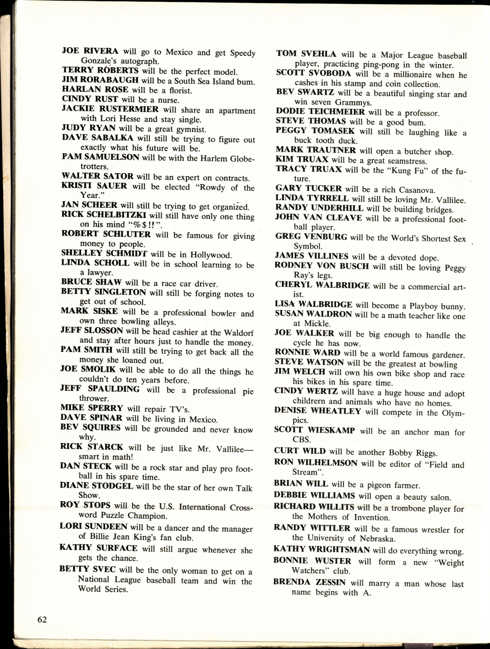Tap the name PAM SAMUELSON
click(100, 157)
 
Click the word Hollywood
click(211, 255)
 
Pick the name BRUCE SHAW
click(91, 282)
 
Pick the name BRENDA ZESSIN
click(309, 582)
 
